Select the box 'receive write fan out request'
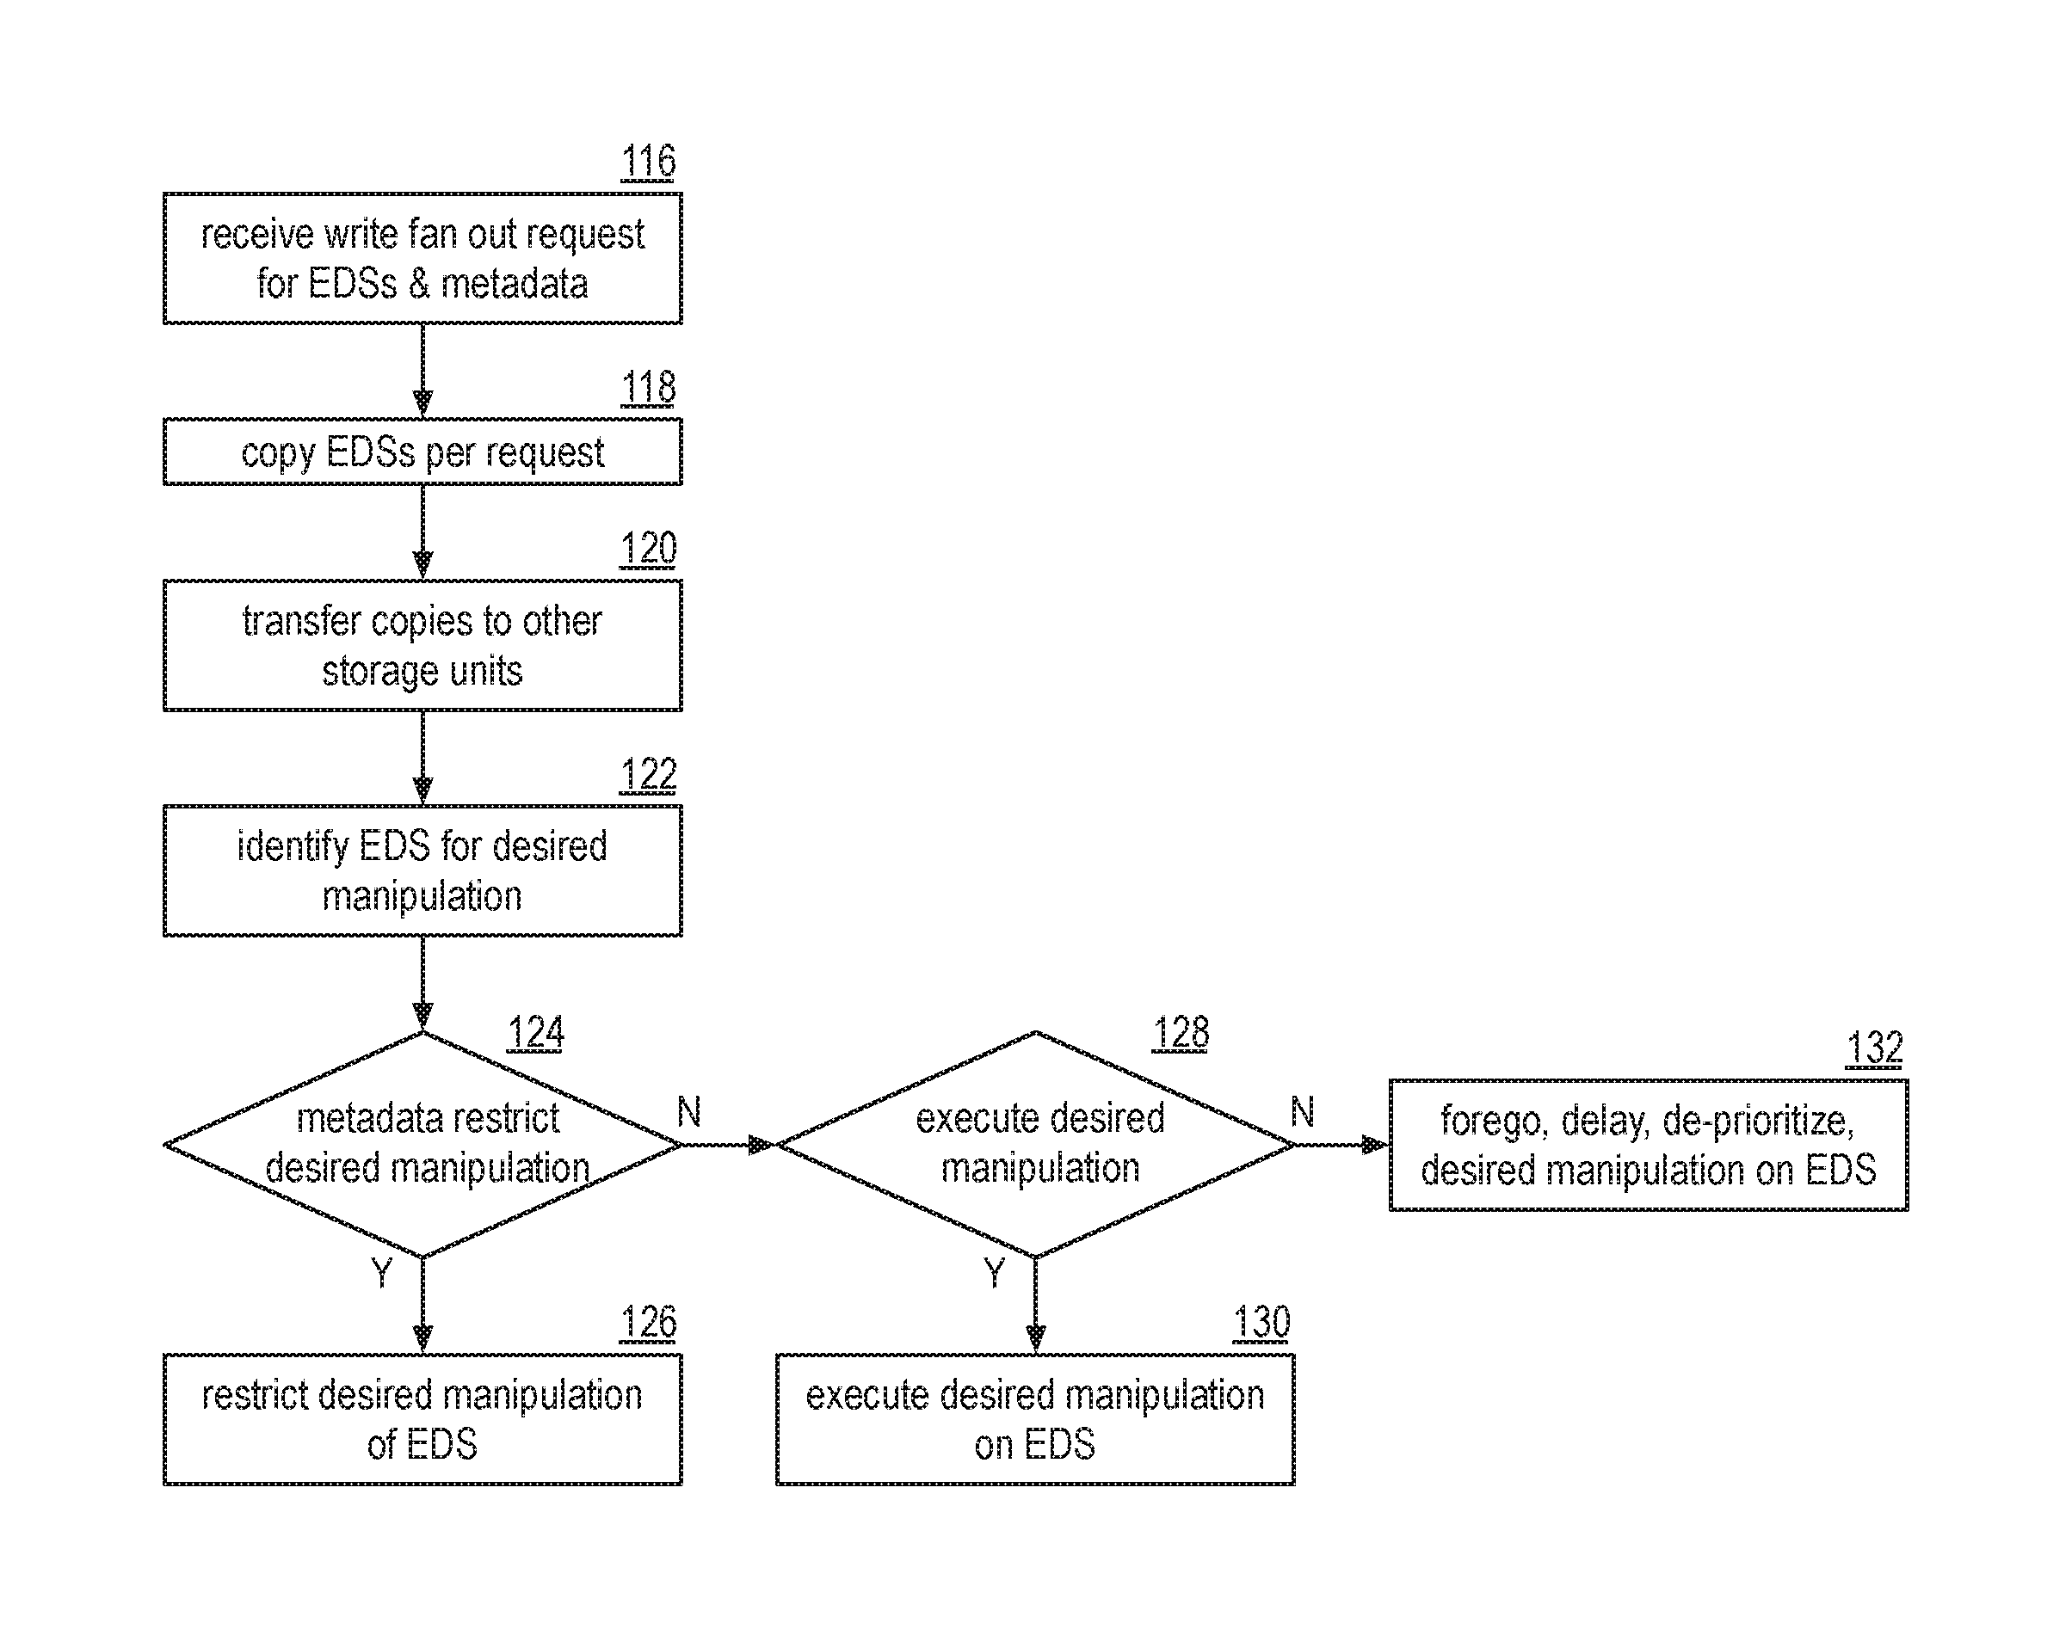click(x=422, y=259)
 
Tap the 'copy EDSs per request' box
click(x=422, y=452)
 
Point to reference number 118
click(x=649, y=387)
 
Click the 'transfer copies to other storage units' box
click(x=422, y=646)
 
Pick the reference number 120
click(x=649, y=549)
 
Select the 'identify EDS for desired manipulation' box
click(x=422, y=870)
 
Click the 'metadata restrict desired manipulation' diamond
click(x=422, y=1145)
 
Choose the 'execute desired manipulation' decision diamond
click(x=1036, y=1145)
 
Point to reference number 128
click(x=1181, y=1033)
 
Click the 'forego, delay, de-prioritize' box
click(x=1649, y=1146)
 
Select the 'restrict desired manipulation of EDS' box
click(x=422, y=1419)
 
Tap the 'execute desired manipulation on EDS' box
click(x=1036, y=1419)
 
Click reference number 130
click(x=1261, y=1323)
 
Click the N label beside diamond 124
click(x=688, y=1112)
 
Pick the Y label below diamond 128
click(x=994, y=1273)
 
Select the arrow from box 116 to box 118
click(x=422, y=371)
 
